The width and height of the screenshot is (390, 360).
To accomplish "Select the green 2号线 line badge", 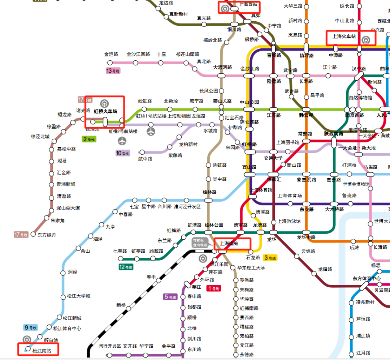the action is click(x=89, y=139).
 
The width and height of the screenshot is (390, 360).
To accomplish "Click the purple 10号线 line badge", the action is click(x=123, y=153).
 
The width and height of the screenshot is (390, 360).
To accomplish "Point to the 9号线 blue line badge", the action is click(x=31, y=328).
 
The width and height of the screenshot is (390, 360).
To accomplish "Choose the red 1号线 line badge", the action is click(x=213, y=288).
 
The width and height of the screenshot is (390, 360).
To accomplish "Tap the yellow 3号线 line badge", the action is click(x=270, y=258).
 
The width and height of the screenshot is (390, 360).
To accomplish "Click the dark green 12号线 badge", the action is click(x=126, y=267).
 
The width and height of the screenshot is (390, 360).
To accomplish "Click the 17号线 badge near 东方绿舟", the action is click(x=21, y=235).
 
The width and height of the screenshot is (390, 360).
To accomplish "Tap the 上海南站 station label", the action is click(x=229, y=244).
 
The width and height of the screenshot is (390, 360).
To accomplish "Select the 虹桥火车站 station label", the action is click(x=105, y=111).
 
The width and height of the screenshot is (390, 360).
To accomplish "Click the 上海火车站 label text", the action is click(x=344, y=37).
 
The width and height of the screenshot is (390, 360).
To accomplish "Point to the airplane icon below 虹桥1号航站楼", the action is click(x=151, y=131).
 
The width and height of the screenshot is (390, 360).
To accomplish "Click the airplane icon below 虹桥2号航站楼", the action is click(x=123, y=140).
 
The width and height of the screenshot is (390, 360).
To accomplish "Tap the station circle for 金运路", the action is click(x=111, y=63).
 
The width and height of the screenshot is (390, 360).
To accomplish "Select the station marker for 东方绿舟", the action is click(x=34, y=234).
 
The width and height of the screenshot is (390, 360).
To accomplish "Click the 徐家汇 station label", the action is click(x=274, y=179).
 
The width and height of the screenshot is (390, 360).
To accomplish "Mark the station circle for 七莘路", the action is click(x=121, y=258).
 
